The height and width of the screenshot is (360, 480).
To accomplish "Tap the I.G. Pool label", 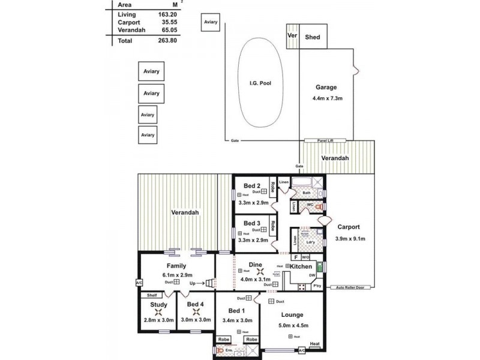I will (x=261, y=83).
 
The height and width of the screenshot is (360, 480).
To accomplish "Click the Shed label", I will (x=313, y=37).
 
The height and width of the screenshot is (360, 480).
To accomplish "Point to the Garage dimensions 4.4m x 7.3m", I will (x=326, y=98).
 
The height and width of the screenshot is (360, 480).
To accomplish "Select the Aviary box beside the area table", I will (x=211, y=22).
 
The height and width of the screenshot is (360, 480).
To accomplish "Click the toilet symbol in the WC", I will (x=319, y=206).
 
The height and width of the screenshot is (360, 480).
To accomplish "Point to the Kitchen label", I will (x=301, y=266).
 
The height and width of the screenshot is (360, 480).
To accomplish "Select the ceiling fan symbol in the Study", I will (x=159, y=312).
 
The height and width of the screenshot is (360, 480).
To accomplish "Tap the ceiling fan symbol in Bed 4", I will (x=196, y=312).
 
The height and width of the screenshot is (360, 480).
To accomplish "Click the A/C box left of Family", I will (x=139, y=283).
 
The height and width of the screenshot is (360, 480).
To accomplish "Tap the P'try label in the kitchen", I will (x=318, y=286).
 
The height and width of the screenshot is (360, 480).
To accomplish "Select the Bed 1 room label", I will (x=236, y=311).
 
